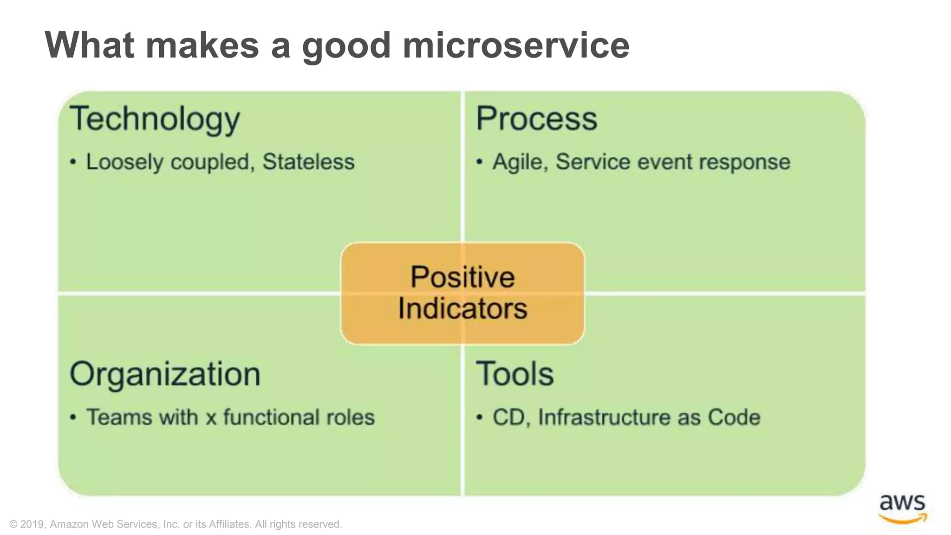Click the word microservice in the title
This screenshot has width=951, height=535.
tap(515, 46)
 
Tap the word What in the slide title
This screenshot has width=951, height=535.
tap(90, 45)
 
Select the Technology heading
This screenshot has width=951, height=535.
tap(155, 119)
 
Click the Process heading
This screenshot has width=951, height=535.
tap(536, 118)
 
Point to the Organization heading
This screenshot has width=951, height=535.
tap(165, 374)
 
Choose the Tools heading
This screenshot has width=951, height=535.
tap(515, 374)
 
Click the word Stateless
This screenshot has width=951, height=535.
tap(308, 162)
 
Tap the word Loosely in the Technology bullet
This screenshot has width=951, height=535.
tap(124, 163)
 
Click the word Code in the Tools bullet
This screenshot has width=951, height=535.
tap(734, 417)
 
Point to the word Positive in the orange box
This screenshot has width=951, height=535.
tap(462, 277)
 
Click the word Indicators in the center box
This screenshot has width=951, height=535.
tap(462, 308)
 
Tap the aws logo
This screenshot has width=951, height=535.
tap(902, 509)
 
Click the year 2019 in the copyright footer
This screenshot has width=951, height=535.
tap(33, 524)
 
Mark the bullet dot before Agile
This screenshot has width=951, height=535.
tap(480, 163)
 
